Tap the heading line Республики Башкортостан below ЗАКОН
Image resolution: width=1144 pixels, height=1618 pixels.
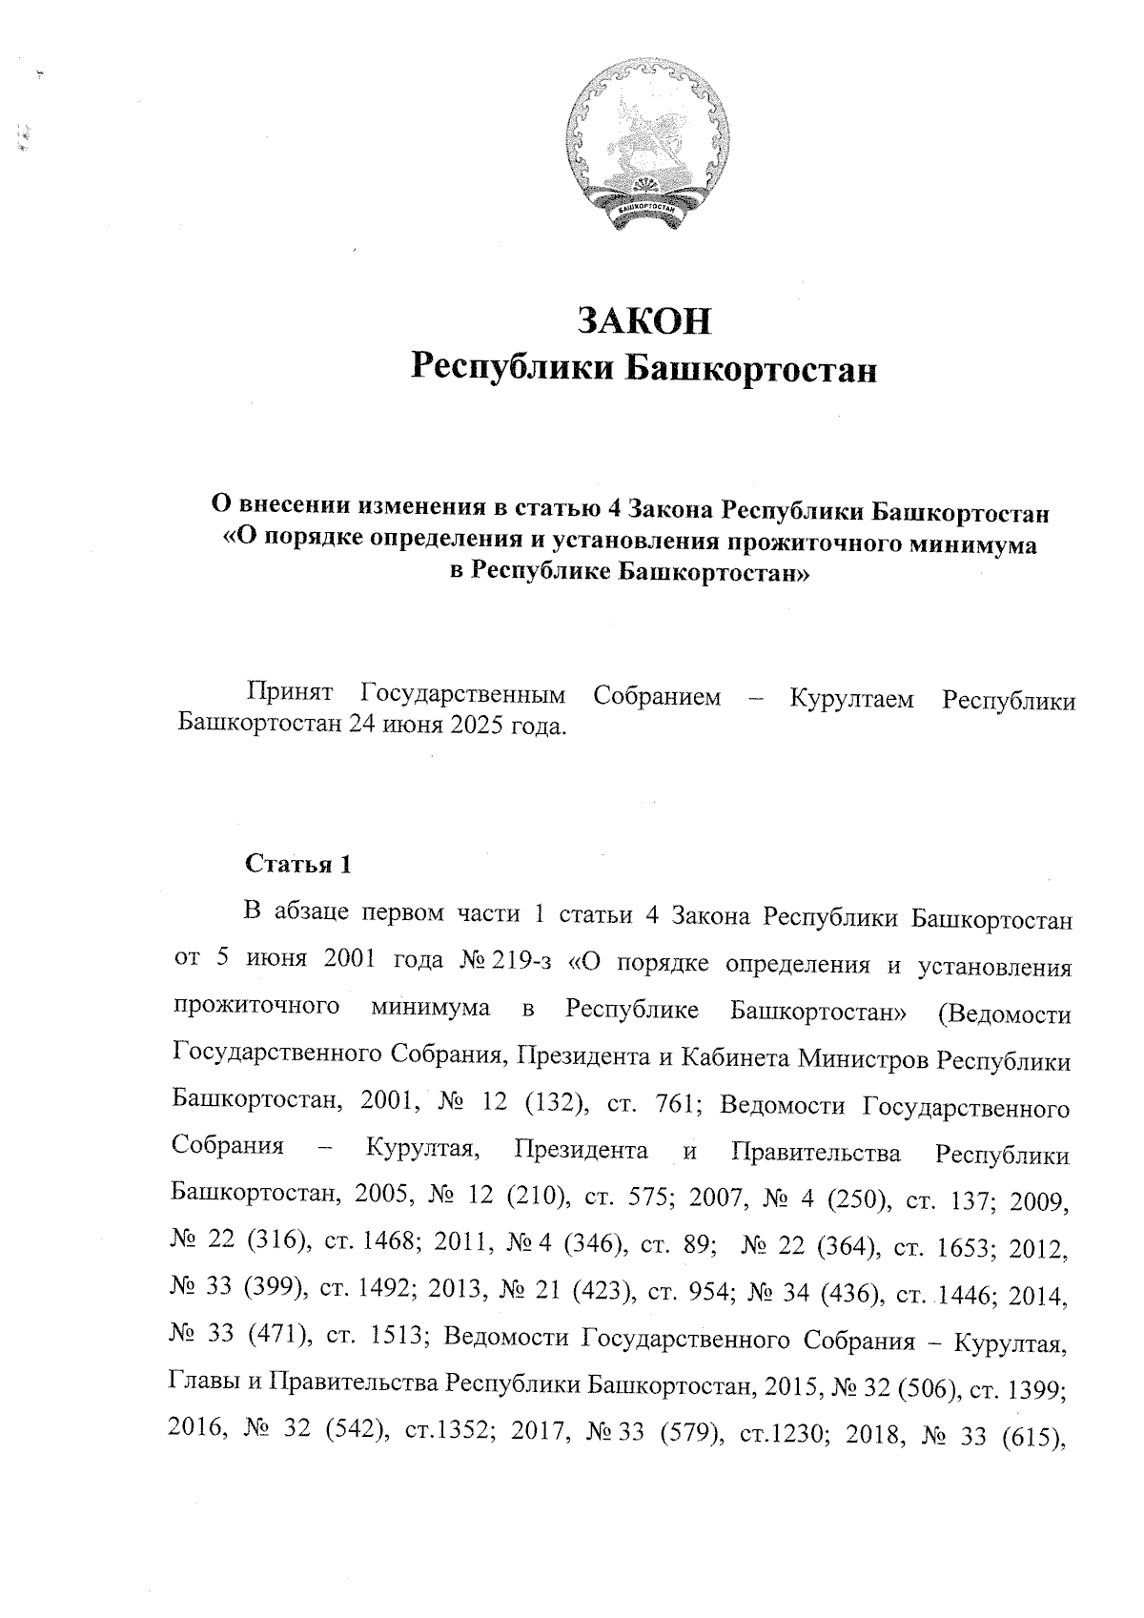pyautogui.click(x=643, y=368)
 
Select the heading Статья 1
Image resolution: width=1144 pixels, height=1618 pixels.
pyautogui.click(x=298, y=865)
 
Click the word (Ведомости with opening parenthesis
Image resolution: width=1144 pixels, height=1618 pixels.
pyautogui.click(x=1005, y=1012)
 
